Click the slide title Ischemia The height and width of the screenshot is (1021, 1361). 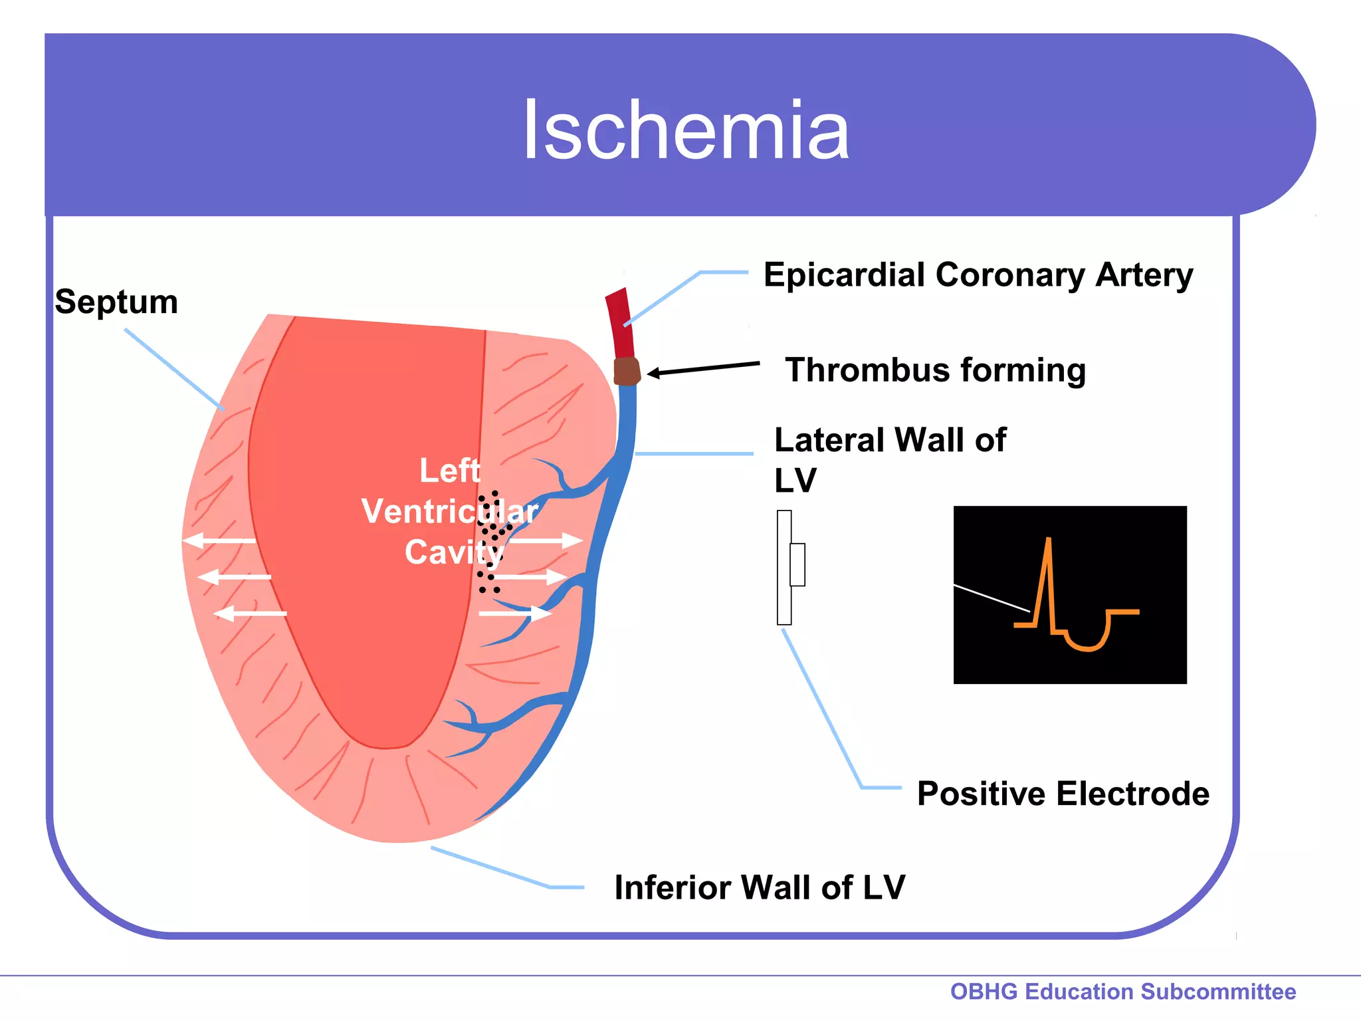click(686, 130)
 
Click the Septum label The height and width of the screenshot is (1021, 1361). click(116, 302)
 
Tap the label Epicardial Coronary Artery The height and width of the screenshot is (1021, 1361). click(978, 275)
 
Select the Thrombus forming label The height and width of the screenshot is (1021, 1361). click(935, 370)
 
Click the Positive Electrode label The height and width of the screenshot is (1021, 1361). click(1063, 794)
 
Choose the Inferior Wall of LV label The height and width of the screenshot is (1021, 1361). click(759, 887)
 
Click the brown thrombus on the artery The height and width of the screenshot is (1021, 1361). click(626, 372)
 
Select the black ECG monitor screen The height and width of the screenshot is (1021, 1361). click(1069, 594)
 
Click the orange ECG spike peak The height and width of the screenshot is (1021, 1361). click(1048, 540)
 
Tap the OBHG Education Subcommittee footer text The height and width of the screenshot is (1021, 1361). click(1122, 991)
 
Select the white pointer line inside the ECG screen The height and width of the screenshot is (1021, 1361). click(991, 598)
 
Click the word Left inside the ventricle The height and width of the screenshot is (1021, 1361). click(449, 471)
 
